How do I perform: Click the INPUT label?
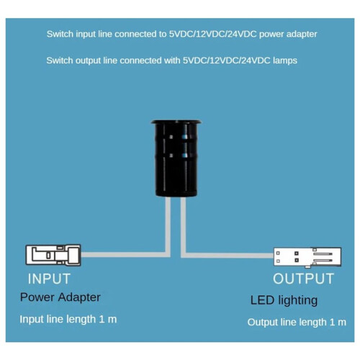pyautogui.click(x=49, y=279)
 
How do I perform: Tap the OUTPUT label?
pyautogui.click(x=304, y=279)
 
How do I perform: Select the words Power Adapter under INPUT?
pyautogui.click(x=60, y=297)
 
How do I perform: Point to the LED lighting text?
pyautogui.click(x=284, y=300)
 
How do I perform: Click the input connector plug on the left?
pyautogui.click(x=53, y=255)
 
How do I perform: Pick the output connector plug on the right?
pyautogui.click(x=307, y=258)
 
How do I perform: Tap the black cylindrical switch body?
pyautogui.click(x=176, y=160)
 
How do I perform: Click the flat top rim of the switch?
pyautogui.click(x=176, y=122)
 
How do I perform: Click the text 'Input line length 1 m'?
pyautogui.click(x=68, y=320)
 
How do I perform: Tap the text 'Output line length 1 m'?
pyautogui.click(x=297, y=322)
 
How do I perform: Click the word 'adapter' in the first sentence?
pyautogui.click(x=302, y=35)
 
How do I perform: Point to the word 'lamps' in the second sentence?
pyautogui.click(x=285, y=60)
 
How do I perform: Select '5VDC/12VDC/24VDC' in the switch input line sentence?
pyautogui.click(x=213, y=34)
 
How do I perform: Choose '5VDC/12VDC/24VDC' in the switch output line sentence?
pyautogui.click(x=227, y=60)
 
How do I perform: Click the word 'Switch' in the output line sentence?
pyautogui.click(x=60, y=60)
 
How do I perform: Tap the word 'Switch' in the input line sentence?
pyautogui.click(x=60, y=34)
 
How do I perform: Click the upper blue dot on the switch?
pyautogui.click(x=184, y=137)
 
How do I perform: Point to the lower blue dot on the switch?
pyautogui.click(x=184, y=156)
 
